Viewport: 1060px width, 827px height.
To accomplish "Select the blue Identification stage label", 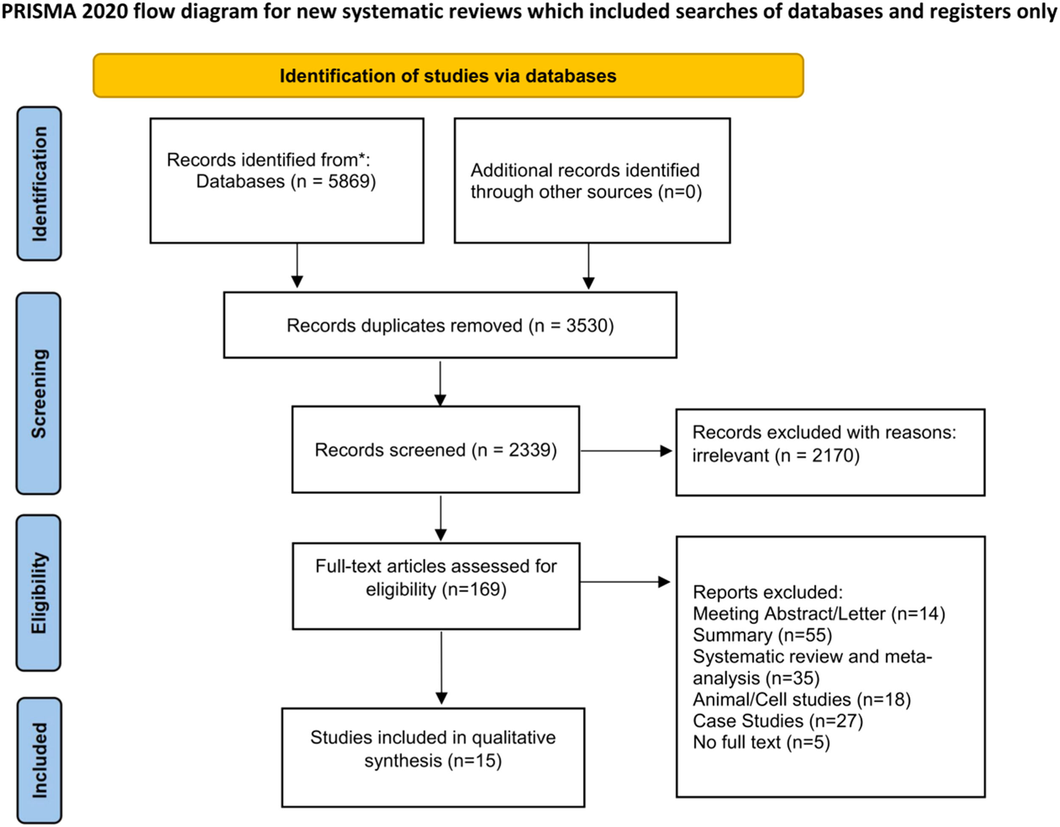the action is [39, 184].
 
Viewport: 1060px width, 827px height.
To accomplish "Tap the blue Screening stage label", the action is [39, 394].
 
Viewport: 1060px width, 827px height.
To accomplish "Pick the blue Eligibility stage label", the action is [39, 593].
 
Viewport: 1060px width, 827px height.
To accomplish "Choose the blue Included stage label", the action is [39, 760].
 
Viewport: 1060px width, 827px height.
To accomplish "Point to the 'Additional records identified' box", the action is [592, 181].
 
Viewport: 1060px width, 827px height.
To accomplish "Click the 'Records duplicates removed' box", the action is [450, 325].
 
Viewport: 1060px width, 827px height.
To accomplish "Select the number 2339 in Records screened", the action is [530, 450].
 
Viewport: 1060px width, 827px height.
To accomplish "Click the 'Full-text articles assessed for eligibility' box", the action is [436, 586].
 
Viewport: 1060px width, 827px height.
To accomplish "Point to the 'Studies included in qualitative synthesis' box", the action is [433, 757].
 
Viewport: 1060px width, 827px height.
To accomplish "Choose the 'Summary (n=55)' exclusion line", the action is [762, 635].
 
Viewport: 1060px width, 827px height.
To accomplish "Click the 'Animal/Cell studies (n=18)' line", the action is [802, 699].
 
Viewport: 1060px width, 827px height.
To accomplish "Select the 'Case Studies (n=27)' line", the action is [778, 721].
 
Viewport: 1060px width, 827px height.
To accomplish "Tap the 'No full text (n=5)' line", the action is [762, 742].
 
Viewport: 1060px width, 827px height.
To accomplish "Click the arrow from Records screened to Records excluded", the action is [626, 451].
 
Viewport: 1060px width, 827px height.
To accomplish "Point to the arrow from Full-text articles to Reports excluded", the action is [625, 581].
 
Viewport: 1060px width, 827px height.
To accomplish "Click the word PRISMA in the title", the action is [39, 11].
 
